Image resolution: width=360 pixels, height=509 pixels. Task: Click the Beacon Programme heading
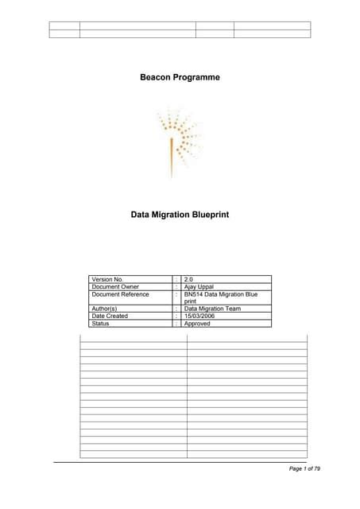click(180, 77)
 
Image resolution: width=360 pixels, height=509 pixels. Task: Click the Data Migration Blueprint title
click(180, 214)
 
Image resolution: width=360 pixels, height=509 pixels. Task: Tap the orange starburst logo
click(178, 140)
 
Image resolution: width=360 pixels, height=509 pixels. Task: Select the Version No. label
click(109, 280)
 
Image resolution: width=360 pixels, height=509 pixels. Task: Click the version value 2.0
click(189, 280)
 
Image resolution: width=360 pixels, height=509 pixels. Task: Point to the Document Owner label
click(116, 287)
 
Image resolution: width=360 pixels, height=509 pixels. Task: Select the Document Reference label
click(120, 294)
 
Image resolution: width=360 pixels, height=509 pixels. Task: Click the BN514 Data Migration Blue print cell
click(220, 298)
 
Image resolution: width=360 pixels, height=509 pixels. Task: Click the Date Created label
click(110, 317)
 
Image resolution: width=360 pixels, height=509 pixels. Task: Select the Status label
click(101, 324)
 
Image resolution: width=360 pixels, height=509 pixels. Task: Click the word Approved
click(197, 324)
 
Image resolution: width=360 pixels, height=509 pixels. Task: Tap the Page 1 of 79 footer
click(304, 469)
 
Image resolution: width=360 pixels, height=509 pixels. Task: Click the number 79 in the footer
click(316, 469)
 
